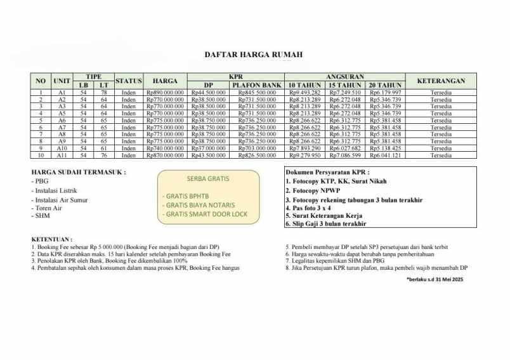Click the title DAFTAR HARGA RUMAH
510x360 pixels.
click(254, 55)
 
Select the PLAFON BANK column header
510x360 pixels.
click(256, 84)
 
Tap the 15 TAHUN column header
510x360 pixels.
click(344, 84)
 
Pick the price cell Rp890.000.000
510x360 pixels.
click(165, 93)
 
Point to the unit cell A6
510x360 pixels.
click(62, 121)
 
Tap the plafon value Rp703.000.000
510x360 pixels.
click(256, 148)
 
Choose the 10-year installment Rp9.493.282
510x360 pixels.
click(304, 93)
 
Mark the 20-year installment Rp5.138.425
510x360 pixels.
click(385, 148)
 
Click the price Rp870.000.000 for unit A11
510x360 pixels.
click(165, 155)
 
